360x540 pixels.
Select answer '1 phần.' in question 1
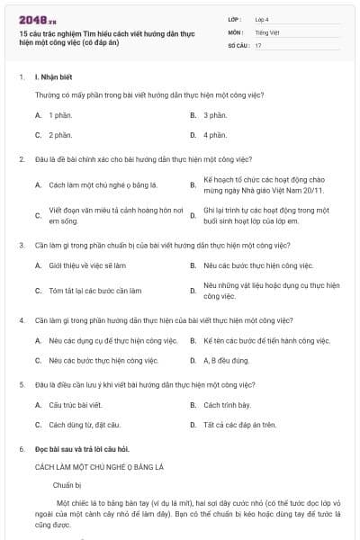(x=60, y=115)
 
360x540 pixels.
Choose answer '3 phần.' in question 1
(x=214, y=115)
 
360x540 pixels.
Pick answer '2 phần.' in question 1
(x=60, y=135)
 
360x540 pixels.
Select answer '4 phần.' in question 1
(x=214, y=135)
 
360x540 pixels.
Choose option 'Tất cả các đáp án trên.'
(x=239, y=425)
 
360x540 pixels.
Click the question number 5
(x=21, y=383)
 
